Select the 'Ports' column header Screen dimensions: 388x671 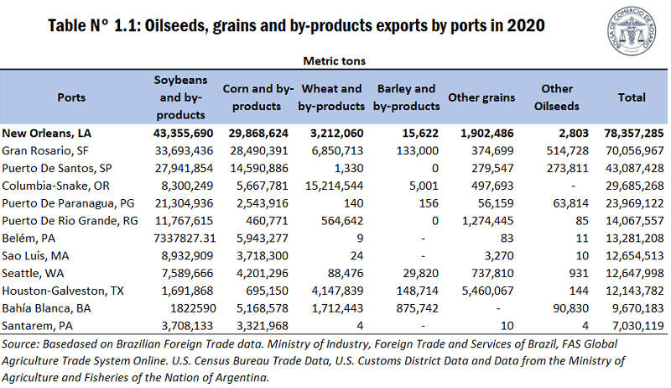(71, 97)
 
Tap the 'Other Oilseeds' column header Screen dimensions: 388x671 (557, 97)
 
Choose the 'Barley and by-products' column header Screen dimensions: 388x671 (407, 97)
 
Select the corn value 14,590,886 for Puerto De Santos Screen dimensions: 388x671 (256, 168)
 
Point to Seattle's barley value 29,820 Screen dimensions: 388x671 (420, 273)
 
